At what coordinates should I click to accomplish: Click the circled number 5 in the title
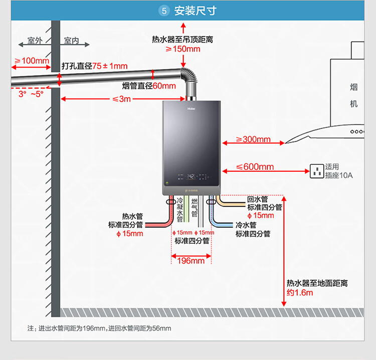(x=164, y=11)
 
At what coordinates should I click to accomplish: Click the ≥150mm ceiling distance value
(x=183, y=49)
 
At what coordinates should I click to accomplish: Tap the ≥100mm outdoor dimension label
(x=32, y=61)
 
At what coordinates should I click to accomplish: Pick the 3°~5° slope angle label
(x=31, y=94)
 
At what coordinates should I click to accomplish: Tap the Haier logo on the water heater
(x=192, y=107)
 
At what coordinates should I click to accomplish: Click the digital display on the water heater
(x=191, y=177)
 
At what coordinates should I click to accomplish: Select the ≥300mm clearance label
(x=253, y=140)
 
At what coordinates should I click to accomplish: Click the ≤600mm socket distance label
(x=255, y=167)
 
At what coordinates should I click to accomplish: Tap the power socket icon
(x=317, y=171)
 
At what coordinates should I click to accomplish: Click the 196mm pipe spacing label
(x=191, y=261)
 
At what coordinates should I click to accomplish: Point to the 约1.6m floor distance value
(x=300, y=292)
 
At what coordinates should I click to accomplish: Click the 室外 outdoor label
(x=35, y=41)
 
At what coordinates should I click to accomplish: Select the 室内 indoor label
(x=72, y=41)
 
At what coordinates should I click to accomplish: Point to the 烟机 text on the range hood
(x=354, y=96)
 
